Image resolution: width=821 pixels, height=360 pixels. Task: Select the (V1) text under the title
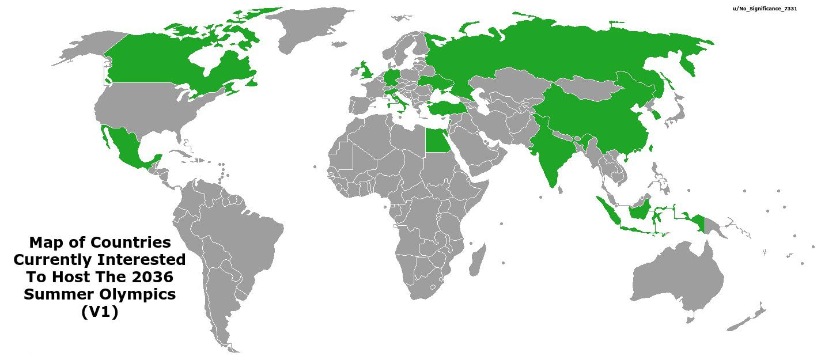(x=100, y=312)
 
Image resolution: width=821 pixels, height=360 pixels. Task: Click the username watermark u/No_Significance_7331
(x=765, y=9)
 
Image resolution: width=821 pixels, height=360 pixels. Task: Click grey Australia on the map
(x=677, y=276)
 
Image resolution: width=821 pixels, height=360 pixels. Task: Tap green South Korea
(x=656, y=116)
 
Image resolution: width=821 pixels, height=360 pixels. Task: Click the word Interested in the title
(x=142, y=260)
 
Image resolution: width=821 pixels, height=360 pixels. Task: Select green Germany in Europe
(x=392, y=78)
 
